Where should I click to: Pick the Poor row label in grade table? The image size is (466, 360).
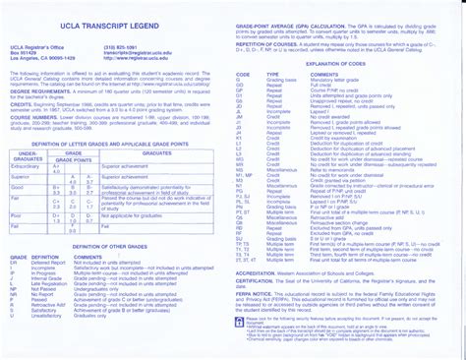click(15, 237)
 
